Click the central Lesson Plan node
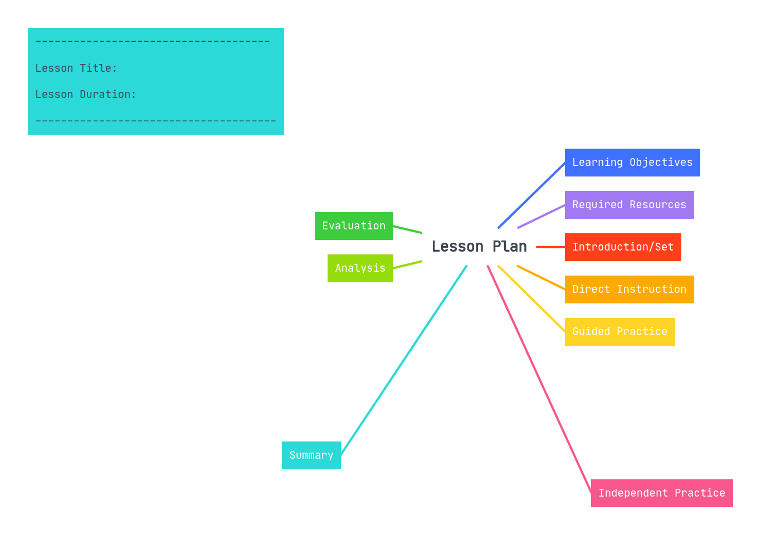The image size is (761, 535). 479,247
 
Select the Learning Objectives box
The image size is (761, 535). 632,163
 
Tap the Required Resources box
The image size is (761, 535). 629,205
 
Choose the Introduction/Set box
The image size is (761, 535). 623,247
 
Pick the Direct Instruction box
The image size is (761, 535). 629,289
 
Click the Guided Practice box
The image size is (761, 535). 619,332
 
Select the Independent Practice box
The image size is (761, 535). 662,493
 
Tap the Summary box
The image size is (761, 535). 311,455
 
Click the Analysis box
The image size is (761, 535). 360,268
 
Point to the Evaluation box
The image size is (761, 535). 354,226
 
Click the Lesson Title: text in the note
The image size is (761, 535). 76,68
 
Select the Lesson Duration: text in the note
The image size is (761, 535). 86,95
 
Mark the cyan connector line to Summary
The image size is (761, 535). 404,360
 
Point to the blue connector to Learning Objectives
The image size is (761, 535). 532,195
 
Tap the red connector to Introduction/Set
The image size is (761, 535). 550,247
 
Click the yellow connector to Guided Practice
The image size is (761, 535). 531,299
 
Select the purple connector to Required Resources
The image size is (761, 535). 542,216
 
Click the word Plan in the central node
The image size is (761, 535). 509,247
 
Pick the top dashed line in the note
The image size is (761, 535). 152,42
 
